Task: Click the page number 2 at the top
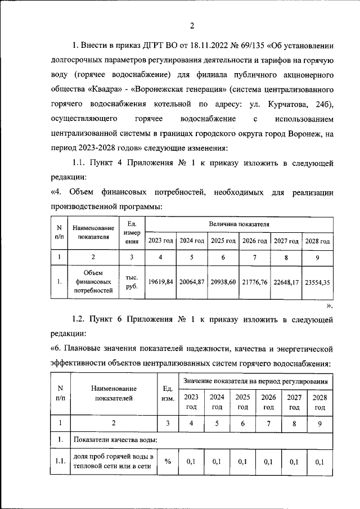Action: (x=192, y=26)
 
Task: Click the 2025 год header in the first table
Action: (x=223, y=241)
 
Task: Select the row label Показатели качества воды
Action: (x=115, y=440)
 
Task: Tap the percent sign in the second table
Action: (x=167, y=462)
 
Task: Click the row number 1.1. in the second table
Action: (x=61, y=462)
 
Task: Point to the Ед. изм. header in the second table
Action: (x=167, y=393)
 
